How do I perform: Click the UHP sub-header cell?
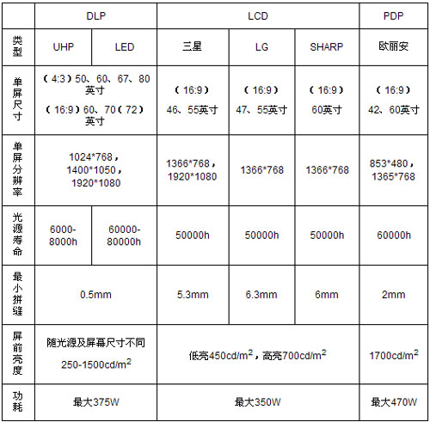(64, 46)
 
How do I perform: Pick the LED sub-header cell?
(125, 46)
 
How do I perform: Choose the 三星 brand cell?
(193, 46)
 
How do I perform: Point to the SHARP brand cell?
(327, 46)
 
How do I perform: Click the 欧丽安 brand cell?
(393, 46)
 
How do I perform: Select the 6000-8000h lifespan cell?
(64, 235)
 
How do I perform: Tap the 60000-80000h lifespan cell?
(125, 235)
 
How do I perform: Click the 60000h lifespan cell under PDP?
(393, 235)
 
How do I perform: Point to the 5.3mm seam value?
(193, 295)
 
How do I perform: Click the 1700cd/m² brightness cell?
(393, 354)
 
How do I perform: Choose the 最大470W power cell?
(393, 401)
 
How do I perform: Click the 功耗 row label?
(18, 401)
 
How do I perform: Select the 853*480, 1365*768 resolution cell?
(393, 170)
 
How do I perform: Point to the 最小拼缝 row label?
(18, 295)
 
